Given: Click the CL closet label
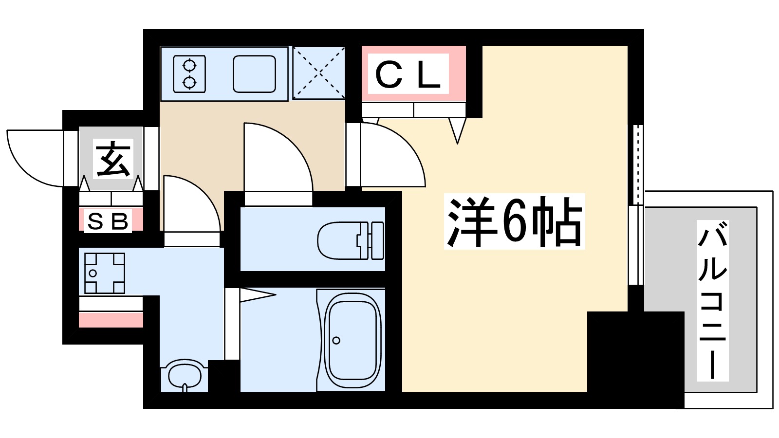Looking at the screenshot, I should [408, 74].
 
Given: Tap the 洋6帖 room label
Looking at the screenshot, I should [514, 222].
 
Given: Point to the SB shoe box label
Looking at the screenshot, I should [108, 221].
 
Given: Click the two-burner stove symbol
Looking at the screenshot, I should [189, 73].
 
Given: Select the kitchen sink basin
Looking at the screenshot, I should [254, 73].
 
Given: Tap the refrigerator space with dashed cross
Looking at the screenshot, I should [319, 73].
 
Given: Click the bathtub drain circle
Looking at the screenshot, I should [336, 340].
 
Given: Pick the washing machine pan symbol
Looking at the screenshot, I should [104, 273].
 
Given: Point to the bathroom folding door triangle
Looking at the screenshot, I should [256, 295].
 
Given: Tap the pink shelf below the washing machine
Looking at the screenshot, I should [111, 320].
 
